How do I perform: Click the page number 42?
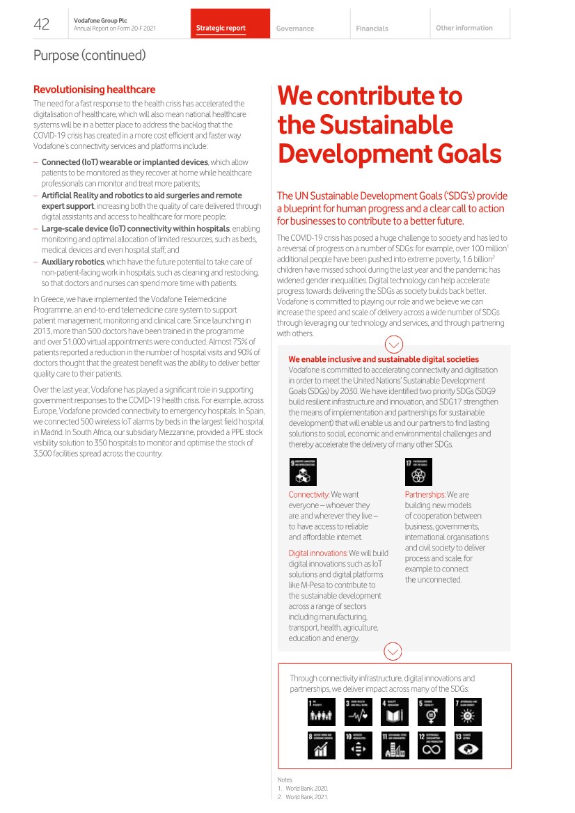pyautogui.click(x=42, y=25)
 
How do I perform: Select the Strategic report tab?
pyautogui.click(x=221, y=29)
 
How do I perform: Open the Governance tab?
pyautogui.click(x=294, y=29)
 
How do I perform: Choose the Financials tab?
pyautogui.click(x=372, y=29)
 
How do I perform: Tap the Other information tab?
pyautogui.click(x=464, y=28)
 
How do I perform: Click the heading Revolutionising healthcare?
pyautogui.click(x=94, y=90)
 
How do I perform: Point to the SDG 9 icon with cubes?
pyautogui.click(x=303, y=472)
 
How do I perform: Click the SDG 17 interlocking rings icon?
pyautogui.click(x=418, y=472)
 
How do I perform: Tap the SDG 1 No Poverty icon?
pyautogui.click(x=321, y=712)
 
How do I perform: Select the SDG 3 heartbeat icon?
pyautogui.click(x=359, y=712)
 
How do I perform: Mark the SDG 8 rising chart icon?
pyautogui.click(x=321, y=745)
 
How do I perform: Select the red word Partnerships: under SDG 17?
pyautogui.click(x=425, y=495)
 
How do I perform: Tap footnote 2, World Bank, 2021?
pyautogui.click(x=302, y=796)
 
